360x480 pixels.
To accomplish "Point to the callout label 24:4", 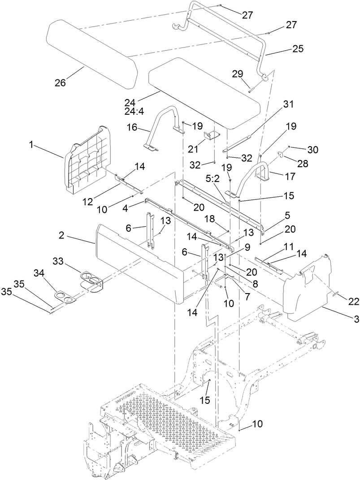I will click(x=145, y=110).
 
